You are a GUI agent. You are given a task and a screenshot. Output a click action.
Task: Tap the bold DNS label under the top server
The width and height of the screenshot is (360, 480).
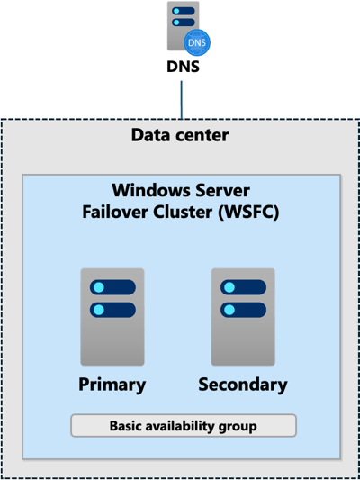(x=182, y=67)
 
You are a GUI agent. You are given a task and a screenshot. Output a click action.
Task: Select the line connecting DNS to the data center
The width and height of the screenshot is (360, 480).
(x=182, y=99)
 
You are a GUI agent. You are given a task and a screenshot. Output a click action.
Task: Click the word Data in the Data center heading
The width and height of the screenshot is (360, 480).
(x=150, y=136)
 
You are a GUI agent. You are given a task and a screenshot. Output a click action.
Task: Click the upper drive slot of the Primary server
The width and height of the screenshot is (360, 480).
(x=112, y=287)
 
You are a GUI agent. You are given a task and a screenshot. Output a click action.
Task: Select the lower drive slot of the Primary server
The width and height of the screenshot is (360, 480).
(x=112, y=309)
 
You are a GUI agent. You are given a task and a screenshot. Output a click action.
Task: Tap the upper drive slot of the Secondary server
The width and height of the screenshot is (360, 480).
(x=243, y=287)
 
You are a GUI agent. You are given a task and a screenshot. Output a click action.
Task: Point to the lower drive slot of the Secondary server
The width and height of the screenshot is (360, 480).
(x=243, y=309)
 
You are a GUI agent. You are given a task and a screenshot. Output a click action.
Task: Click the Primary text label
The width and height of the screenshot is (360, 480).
(x=112, y=385)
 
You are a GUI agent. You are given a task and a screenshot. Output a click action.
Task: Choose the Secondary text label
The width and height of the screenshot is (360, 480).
(x=243, y=385)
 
